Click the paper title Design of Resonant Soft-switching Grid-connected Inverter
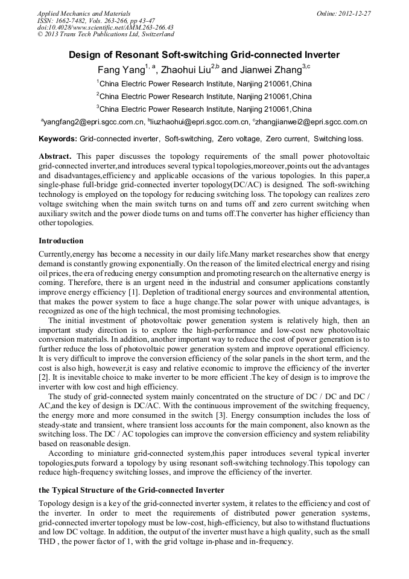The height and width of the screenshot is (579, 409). (x=204, y=55)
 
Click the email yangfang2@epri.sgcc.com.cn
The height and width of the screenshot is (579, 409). (x=94, y=122)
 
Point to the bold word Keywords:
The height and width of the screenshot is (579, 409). (x=58, y=139)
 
